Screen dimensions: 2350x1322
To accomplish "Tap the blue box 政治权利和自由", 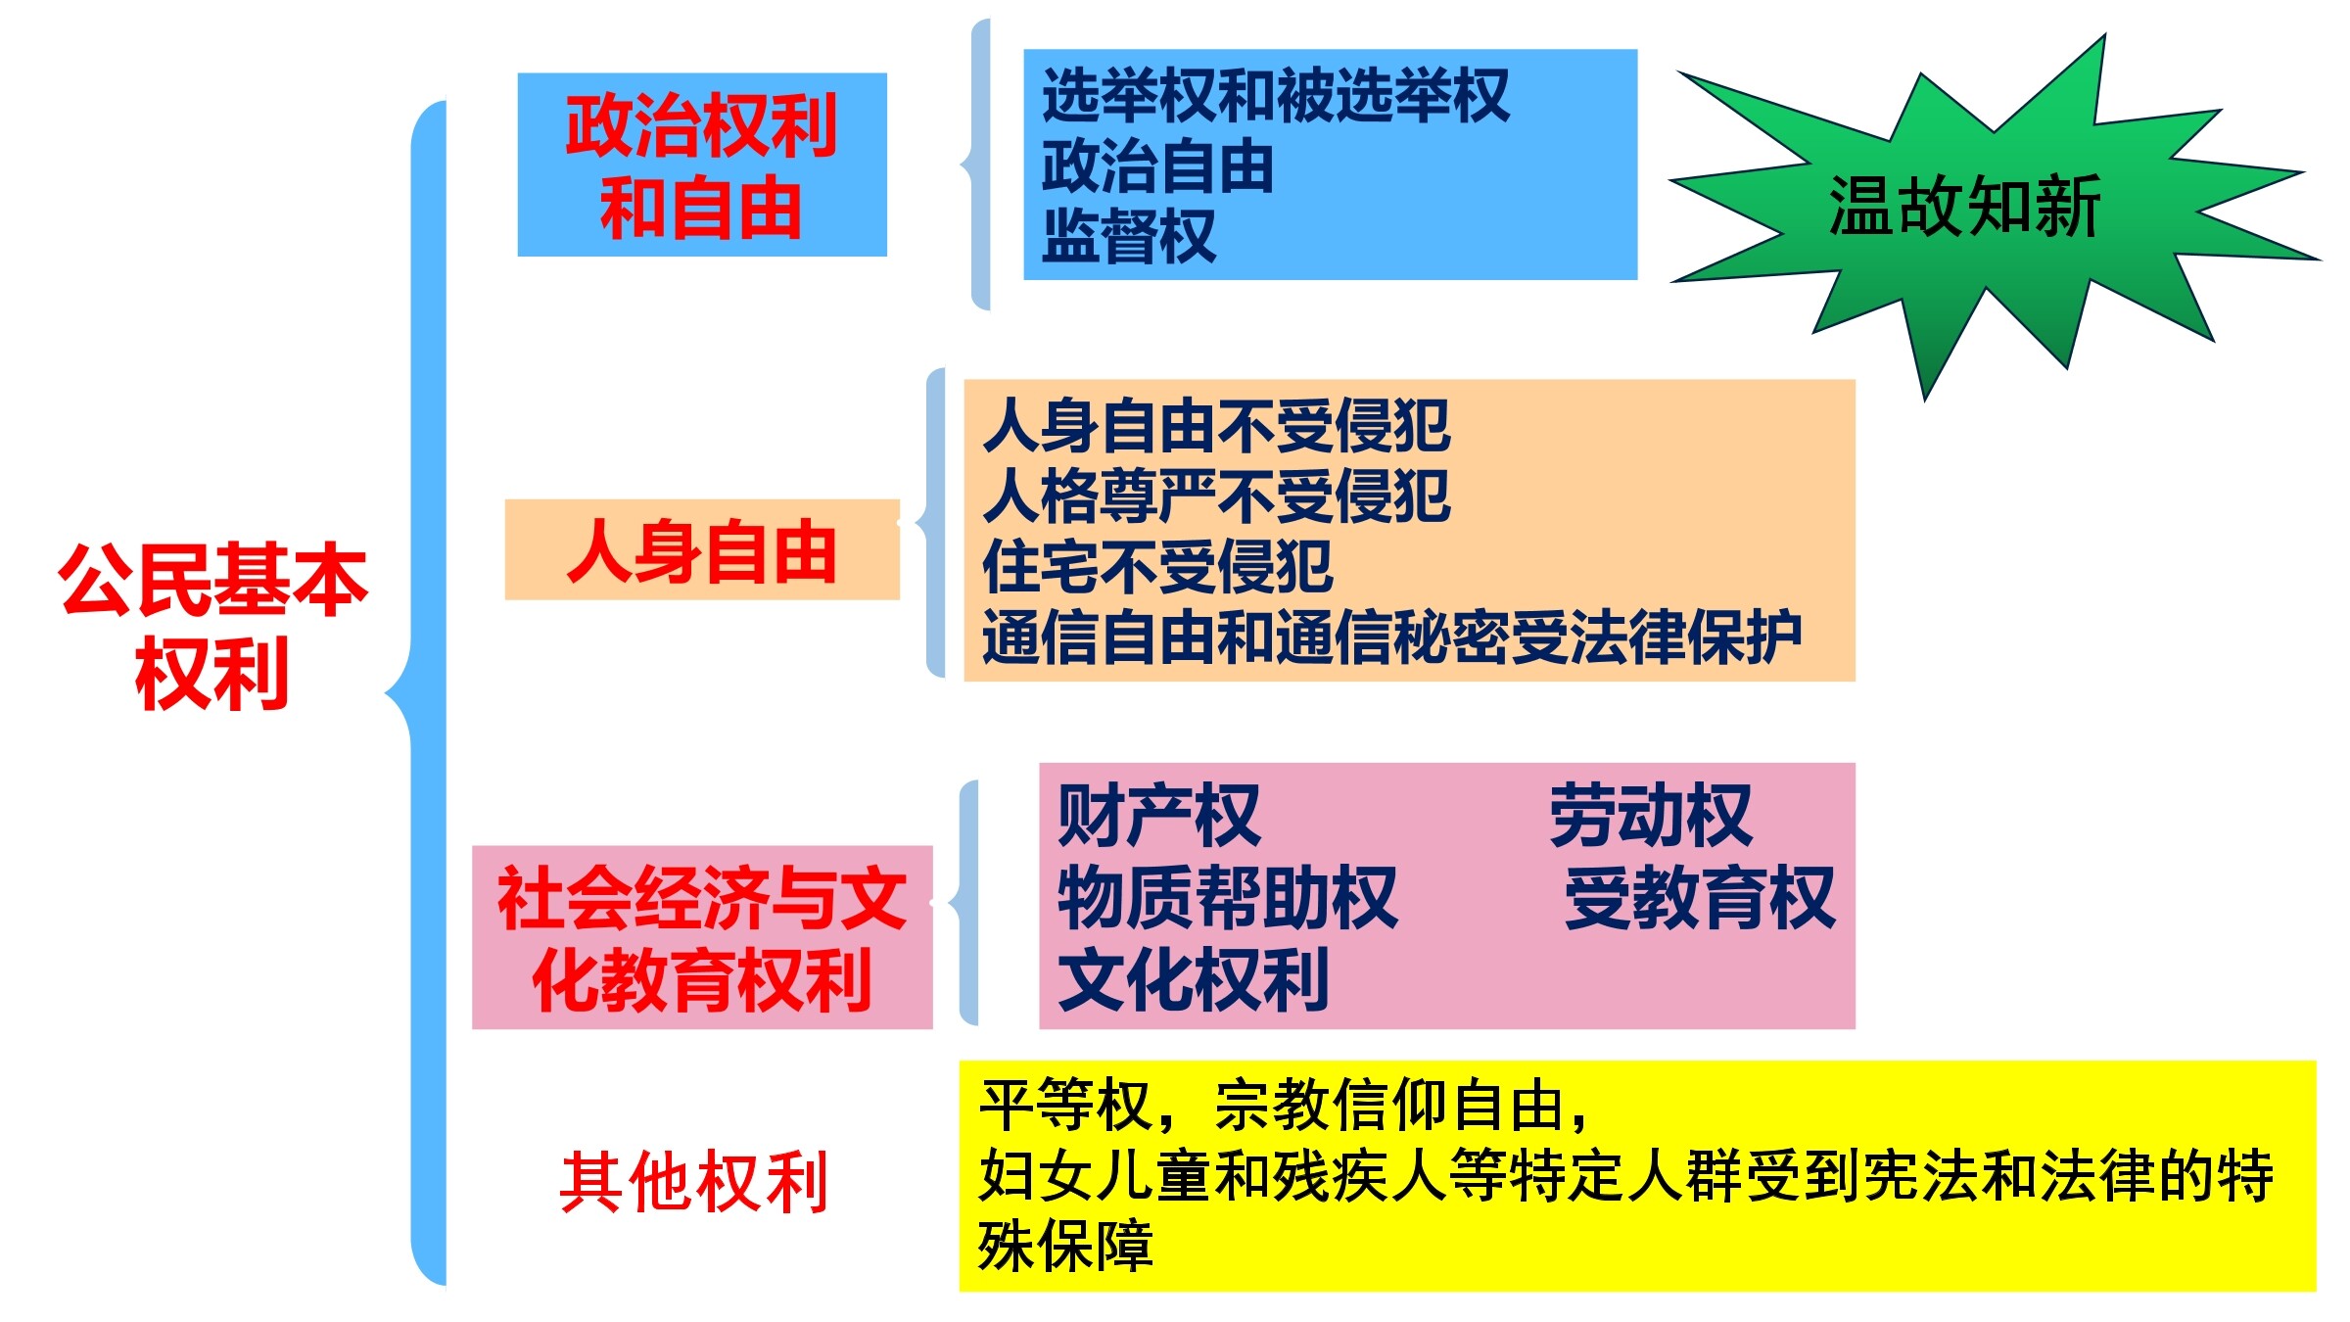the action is [702, 165].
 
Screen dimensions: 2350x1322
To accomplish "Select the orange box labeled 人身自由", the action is [702, 549].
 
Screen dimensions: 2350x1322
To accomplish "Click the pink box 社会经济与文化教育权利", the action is [702, 937].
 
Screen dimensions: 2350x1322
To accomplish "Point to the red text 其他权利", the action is [694, 1182].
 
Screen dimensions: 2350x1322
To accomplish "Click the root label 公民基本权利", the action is [212, 626].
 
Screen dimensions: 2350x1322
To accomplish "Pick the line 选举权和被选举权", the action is [1275, 96].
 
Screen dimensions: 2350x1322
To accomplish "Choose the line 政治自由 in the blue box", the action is [1157, 166].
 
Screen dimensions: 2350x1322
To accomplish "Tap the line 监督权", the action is [1128, 236].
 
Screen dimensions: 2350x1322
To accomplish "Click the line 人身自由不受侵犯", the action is [1216, 426].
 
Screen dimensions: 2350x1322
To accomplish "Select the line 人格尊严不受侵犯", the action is [1216, 496].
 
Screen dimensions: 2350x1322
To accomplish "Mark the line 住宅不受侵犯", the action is [1157, 567].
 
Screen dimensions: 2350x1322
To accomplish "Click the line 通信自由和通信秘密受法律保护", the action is [1392, 637].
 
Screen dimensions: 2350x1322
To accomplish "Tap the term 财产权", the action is [1159, 815].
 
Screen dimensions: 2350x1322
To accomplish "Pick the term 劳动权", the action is [1651, 815].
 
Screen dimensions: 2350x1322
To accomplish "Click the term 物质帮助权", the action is [1228, 896].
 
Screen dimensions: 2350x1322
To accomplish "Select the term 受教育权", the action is [1700, 896].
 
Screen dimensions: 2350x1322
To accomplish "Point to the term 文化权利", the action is [1194, 978].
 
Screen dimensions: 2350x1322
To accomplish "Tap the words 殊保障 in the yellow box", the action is [1066, 1246].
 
